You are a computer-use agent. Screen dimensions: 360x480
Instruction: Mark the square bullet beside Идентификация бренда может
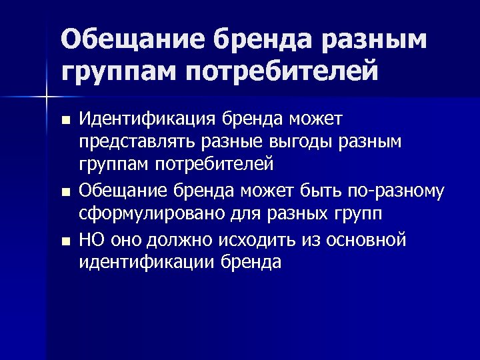click(65, 121)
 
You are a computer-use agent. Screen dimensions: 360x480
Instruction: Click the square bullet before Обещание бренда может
click(65, 193)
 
